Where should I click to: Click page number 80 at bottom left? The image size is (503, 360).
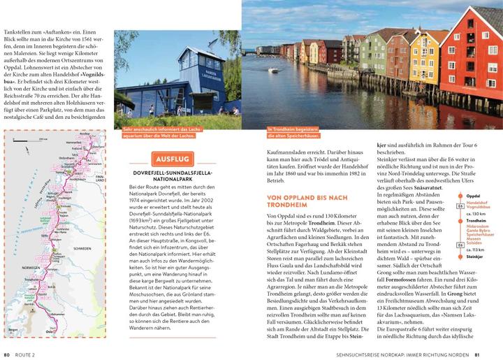(x=6, y=353)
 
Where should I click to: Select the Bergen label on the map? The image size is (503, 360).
(x=13, y=326)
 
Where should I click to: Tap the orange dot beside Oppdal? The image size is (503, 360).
(x=460, y=195)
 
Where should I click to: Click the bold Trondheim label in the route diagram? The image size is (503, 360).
(x=477, y=221)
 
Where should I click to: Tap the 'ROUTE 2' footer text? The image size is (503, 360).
(x=27, y=353)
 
